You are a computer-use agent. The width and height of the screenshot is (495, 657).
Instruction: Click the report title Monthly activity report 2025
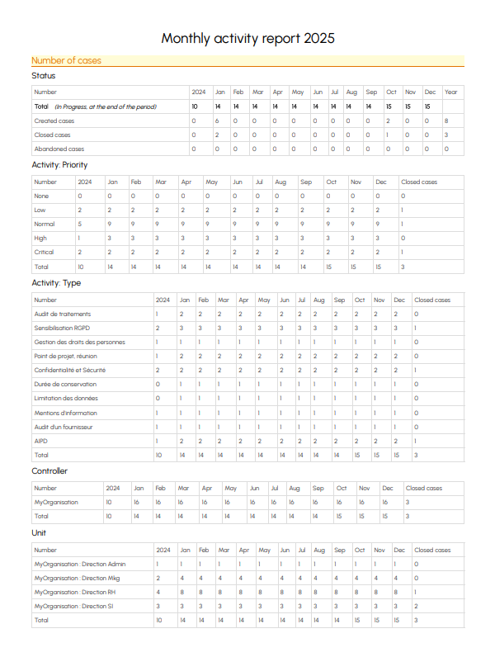pos(247,39)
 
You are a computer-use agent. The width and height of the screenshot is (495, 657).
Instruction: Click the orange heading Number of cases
pos(66,60)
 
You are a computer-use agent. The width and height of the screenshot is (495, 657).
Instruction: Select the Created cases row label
pos(54,121)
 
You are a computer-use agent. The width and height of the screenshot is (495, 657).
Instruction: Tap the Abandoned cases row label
pos(59,149)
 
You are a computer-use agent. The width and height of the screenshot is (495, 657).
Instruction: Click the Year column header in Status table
pos(450,92)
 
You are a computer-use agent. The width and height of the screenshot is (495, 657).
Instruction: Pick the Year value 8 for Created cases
pos(446,121)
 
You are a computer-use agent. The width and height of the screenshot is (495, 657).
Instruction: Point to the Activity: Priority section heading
pos(59,164)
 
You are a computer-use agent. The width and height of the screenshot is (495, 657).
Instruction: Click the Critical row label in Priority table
pos(45,252)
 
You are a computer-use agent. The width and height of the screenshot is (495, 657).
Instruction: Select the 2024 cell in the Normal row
pos(80,224)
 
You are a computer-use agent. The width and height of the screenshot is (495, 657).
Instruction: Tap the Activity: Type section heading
pos(56,283)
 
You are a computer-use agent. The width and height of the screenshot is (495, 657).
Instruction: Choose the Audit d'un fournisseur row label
pos(64,427)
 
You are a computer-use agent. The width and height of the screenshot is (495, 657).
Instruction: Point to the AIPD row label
pos(41,441)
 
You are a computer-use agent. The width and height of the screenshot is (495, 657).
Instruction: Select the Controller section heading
pos(49,471)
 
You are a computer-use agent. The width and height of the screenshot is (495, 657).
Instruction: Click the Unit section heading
pos(39,532)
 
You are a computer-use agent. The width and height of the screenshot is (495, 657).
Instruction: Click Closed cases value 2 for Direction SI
pos(417,606)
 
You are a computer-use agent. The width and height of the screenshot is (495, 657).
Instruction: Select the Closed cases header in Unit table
pos(432,549)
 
